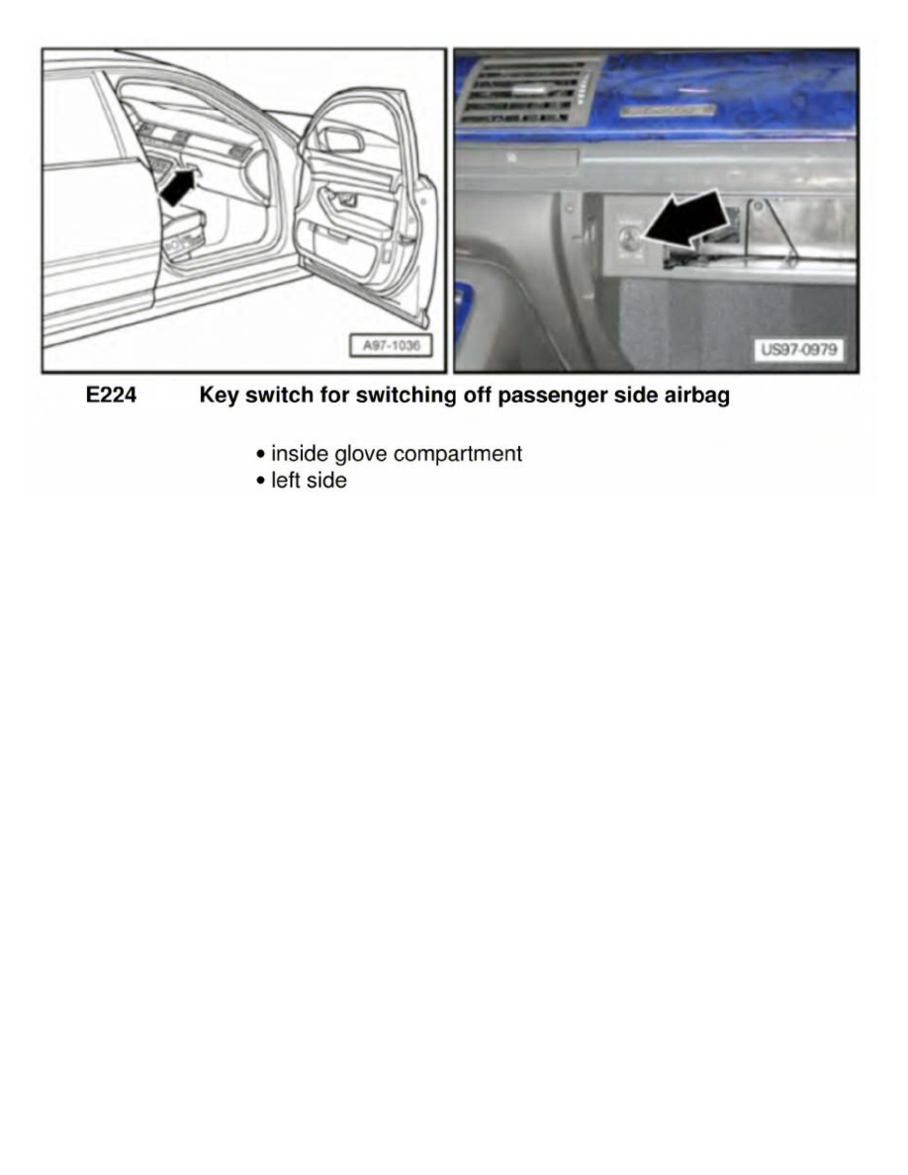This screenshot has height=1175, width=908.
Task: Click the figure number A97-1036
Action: [x=391, y=346]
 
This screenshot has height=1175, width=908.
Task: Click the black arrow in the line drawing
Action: [x=178, y=187]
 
